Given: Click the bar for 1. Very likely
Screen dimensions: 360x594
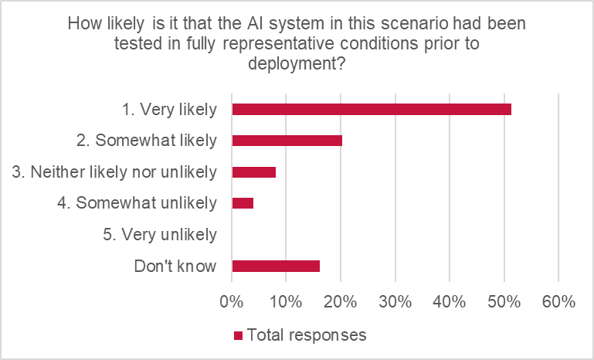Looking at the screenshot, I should [371, 110].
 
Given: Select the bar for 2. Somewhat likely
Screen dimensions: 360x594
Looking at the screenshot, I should [287, 141].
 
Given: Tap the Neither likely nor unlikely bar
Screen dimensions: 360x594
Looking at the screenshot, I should [253, 172].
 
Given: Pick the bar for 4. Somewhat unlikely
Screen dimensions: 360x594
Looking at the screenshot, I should [243, 203].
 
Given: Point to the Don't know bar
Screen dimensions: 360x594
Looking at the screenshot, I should [275, 266].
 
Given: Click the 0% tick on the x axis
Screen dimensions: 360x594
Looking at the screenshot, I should [232, 302].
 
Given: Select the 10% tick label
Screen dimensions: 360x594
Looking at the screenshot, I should [286, 302].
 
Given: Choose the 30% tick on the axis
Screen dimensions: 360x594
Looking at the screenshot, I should [395, 302].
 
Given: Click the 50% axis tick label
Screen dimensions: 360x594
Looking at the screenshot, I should [504, 302].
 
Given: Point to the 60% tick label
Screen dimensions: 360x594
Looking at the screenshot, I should [558, 302].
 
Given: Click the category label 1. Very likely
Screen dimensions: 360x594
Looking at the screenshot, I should [169, 110].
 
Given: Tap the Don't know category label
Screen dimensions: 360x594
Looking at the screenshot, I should [175, 267].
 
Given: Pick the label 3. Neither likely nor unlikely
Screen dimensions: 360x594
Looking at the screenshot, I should [115, 172].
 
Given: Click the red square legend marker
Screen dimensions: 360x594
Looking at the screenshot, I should [239, 336].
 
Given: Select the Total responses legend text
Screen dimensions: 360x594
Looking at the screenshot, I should [307, 336].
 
